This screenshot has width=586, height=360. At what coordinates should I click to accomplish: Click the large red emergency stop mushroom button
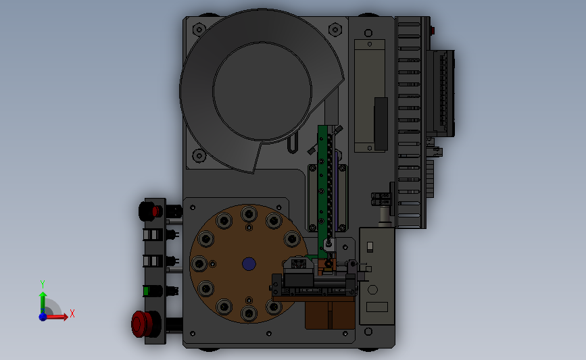(x=142, y=324)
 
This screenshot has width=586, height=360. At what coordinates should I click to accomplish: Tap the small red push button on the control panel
(x=155, y=211)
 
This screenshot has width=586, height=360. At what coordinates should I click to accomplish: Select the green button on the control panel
(x=146, y=290)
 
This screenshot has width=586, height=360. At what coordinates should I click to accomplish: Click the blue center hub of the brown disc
(x=249, y=264)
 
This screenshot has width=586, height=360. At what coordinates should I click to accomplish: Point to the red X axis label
(x=72, y=313)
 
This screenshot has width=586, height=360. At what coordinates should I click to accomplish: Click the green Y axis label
(x=43, y=284)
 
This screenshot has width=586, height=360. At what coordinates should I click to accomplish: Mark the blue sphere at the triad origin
(x=43, y=317)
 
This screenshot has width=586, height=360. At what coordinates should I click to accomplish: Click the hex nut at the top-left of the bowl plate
(x=199, y=29)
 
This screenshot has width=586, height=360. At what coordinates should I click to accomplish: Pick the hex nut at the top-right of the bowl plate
(x=335, y=29)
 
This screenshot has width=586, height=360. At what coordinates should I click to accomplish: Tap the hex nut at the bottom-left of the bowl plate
(x=199, y=155)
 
